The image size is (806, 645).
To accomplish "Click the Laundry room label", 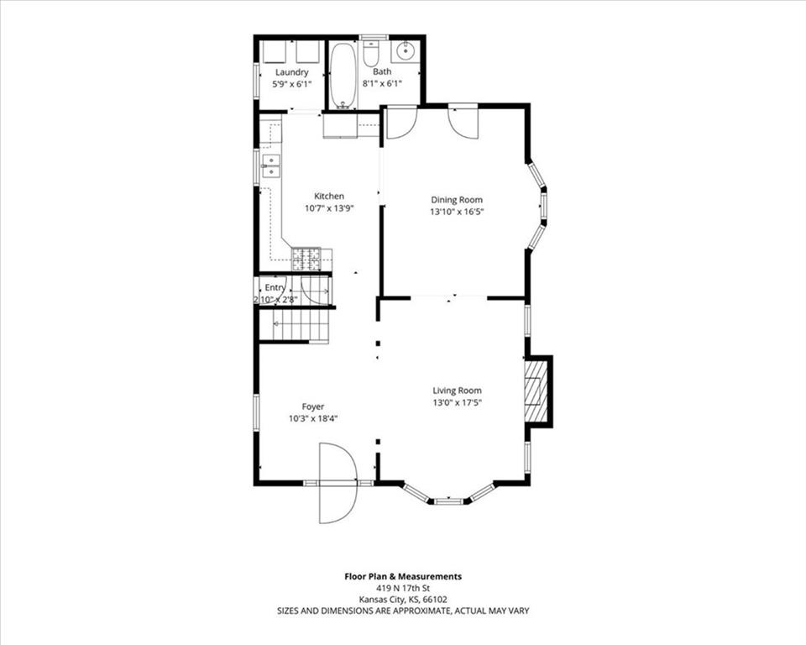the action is click(291, 72).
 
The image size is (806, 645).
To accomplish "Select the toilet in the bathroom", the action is click(370, 53).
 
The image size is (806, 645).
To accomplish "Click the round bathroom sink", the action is click(406, 51).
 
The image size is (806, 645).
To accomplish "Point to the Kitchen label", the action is click(329, 196).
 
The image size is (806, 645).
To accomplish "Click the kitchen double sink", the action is click(270, 166).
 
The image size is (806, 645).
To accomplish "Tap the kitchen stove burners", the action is click(306, 260).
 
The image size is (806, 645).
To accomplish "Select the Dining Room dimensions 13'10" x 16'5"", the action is click(457, 212).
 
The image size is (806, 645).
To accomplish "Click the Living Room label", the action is click(457, 391).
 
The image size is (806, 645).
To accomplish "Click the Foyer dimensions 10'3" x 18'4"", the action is click(313, 419).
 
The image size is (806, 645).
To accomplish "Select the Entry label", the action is click(275, 287).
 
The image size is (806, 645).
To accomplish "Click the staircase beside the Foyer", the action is click(294, 326).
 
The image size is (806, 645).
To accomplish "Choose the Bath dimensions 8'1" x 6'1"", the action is click(382, 83).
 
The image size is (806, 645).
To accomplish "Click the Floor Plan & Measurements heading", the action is click(403, 577).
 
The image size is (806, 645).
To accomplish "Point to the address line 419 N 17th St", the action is click(403, 588).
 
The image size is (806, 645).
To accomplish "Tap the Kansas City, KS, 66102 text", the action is click(403, 599).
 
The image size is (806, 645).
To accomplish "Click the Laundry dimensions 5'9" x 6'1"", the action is click(291, 84).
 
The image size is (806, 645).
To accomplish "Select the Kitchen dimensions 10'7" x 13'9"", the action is click(329, 208).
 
